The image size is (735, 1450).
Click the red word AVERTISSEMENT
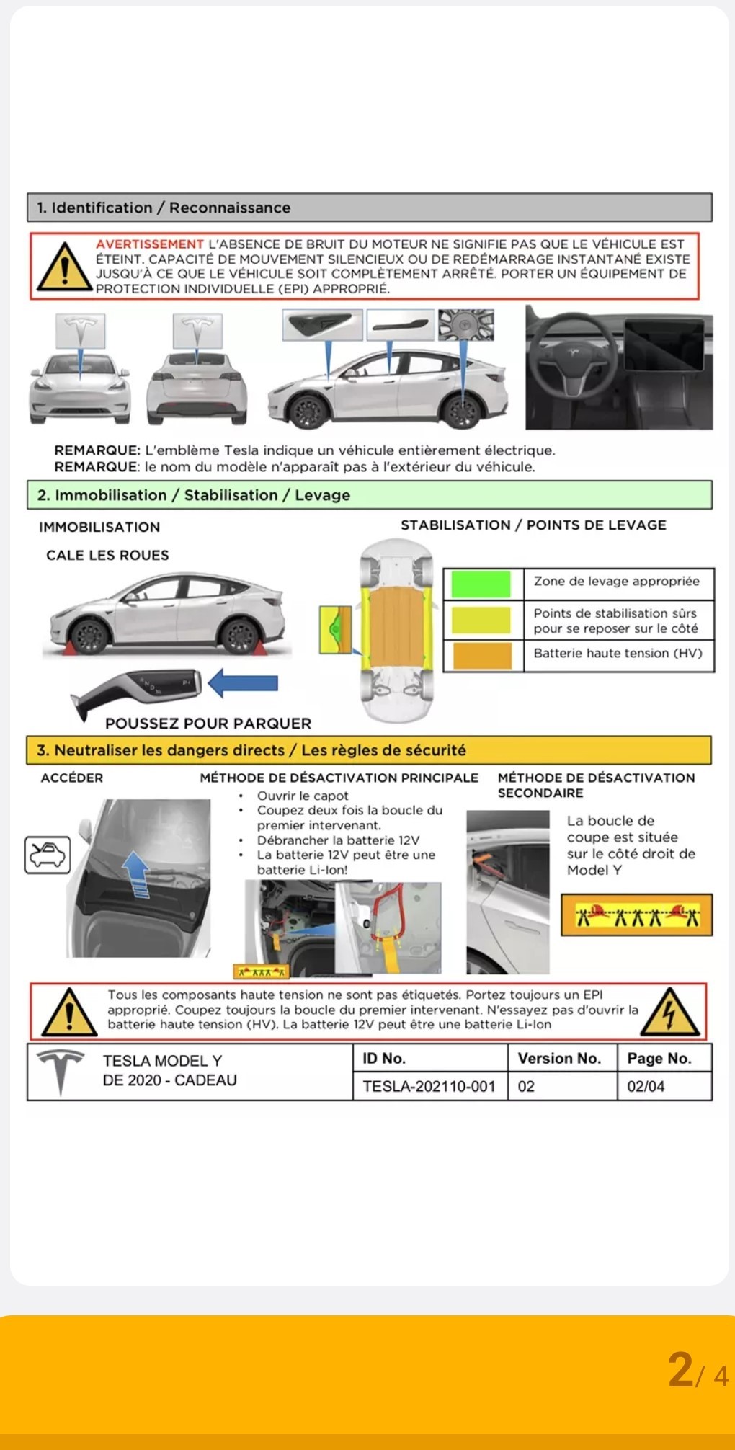(x=150, y=244)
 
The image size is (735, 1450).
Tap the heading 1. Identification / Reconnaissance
(x=164, y=208)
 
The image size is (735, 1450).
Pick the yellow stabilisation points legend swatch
(x=481, y=620)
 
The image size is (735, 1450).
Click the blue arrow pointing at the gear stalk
(x=243, y=683)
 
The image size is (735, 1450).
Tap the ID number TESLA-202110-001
(x=429, y=1086)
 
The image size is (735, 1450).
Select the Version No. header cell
(x=559, y=1058)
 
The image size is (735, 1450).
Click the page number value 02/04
(x=646, y=1086)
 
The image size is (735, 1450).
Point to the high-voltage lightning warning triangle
(x=669, y=1012)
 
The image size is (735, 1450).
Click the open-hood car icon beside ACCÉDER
(x=48, y=855)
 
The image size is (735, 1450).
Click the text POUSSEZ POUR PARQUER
(x=208, y=724)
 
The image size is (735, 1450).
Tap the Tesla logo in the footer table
(x=61, y=1071)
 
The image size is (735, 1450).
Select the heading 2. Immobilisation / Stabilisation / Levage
(x=194, y=495)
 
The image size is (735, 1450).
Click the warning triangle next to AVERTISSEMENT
(x=65, y=268)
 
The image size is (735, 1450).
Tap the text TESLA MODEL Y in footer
(x=162, y=1061)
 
